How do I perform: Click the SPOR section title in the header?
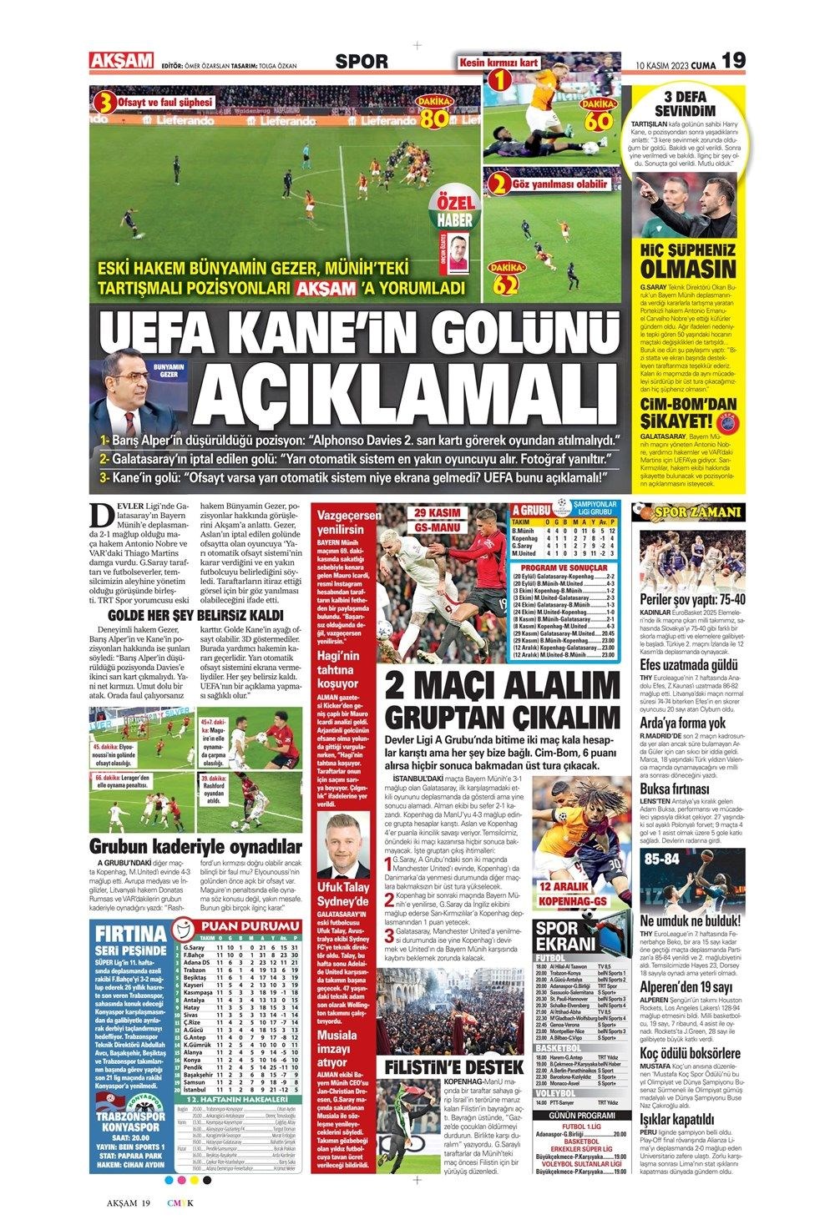click(x=360, y=61)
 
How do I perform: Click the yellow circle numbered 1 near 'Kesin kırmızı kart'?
click(x=498, y=81)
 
